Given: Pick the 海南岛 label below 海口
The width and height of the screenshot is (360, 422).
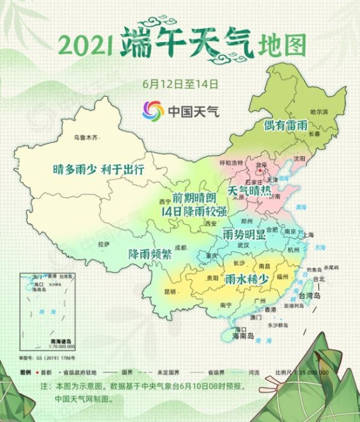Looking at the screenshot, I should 242,337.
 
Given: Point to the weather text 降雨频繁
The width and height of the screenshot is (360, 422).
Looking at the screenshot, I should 149,254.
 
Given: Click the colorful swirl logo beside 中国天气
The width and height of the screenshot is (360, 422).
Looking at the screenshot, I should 153,111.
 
